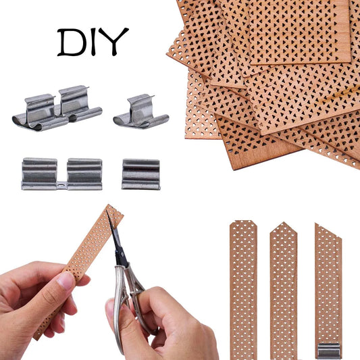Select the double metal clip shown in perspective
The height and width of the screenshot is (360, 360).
(x=57, y=108)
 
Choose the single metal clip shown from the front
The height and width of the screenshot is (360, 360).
(x=141, y=174)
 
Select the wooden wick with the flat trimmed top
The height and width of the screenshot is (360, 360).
(x=243, y=284)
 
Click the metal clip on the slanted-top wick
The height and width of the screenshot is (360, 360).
(x=329, y=350)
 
